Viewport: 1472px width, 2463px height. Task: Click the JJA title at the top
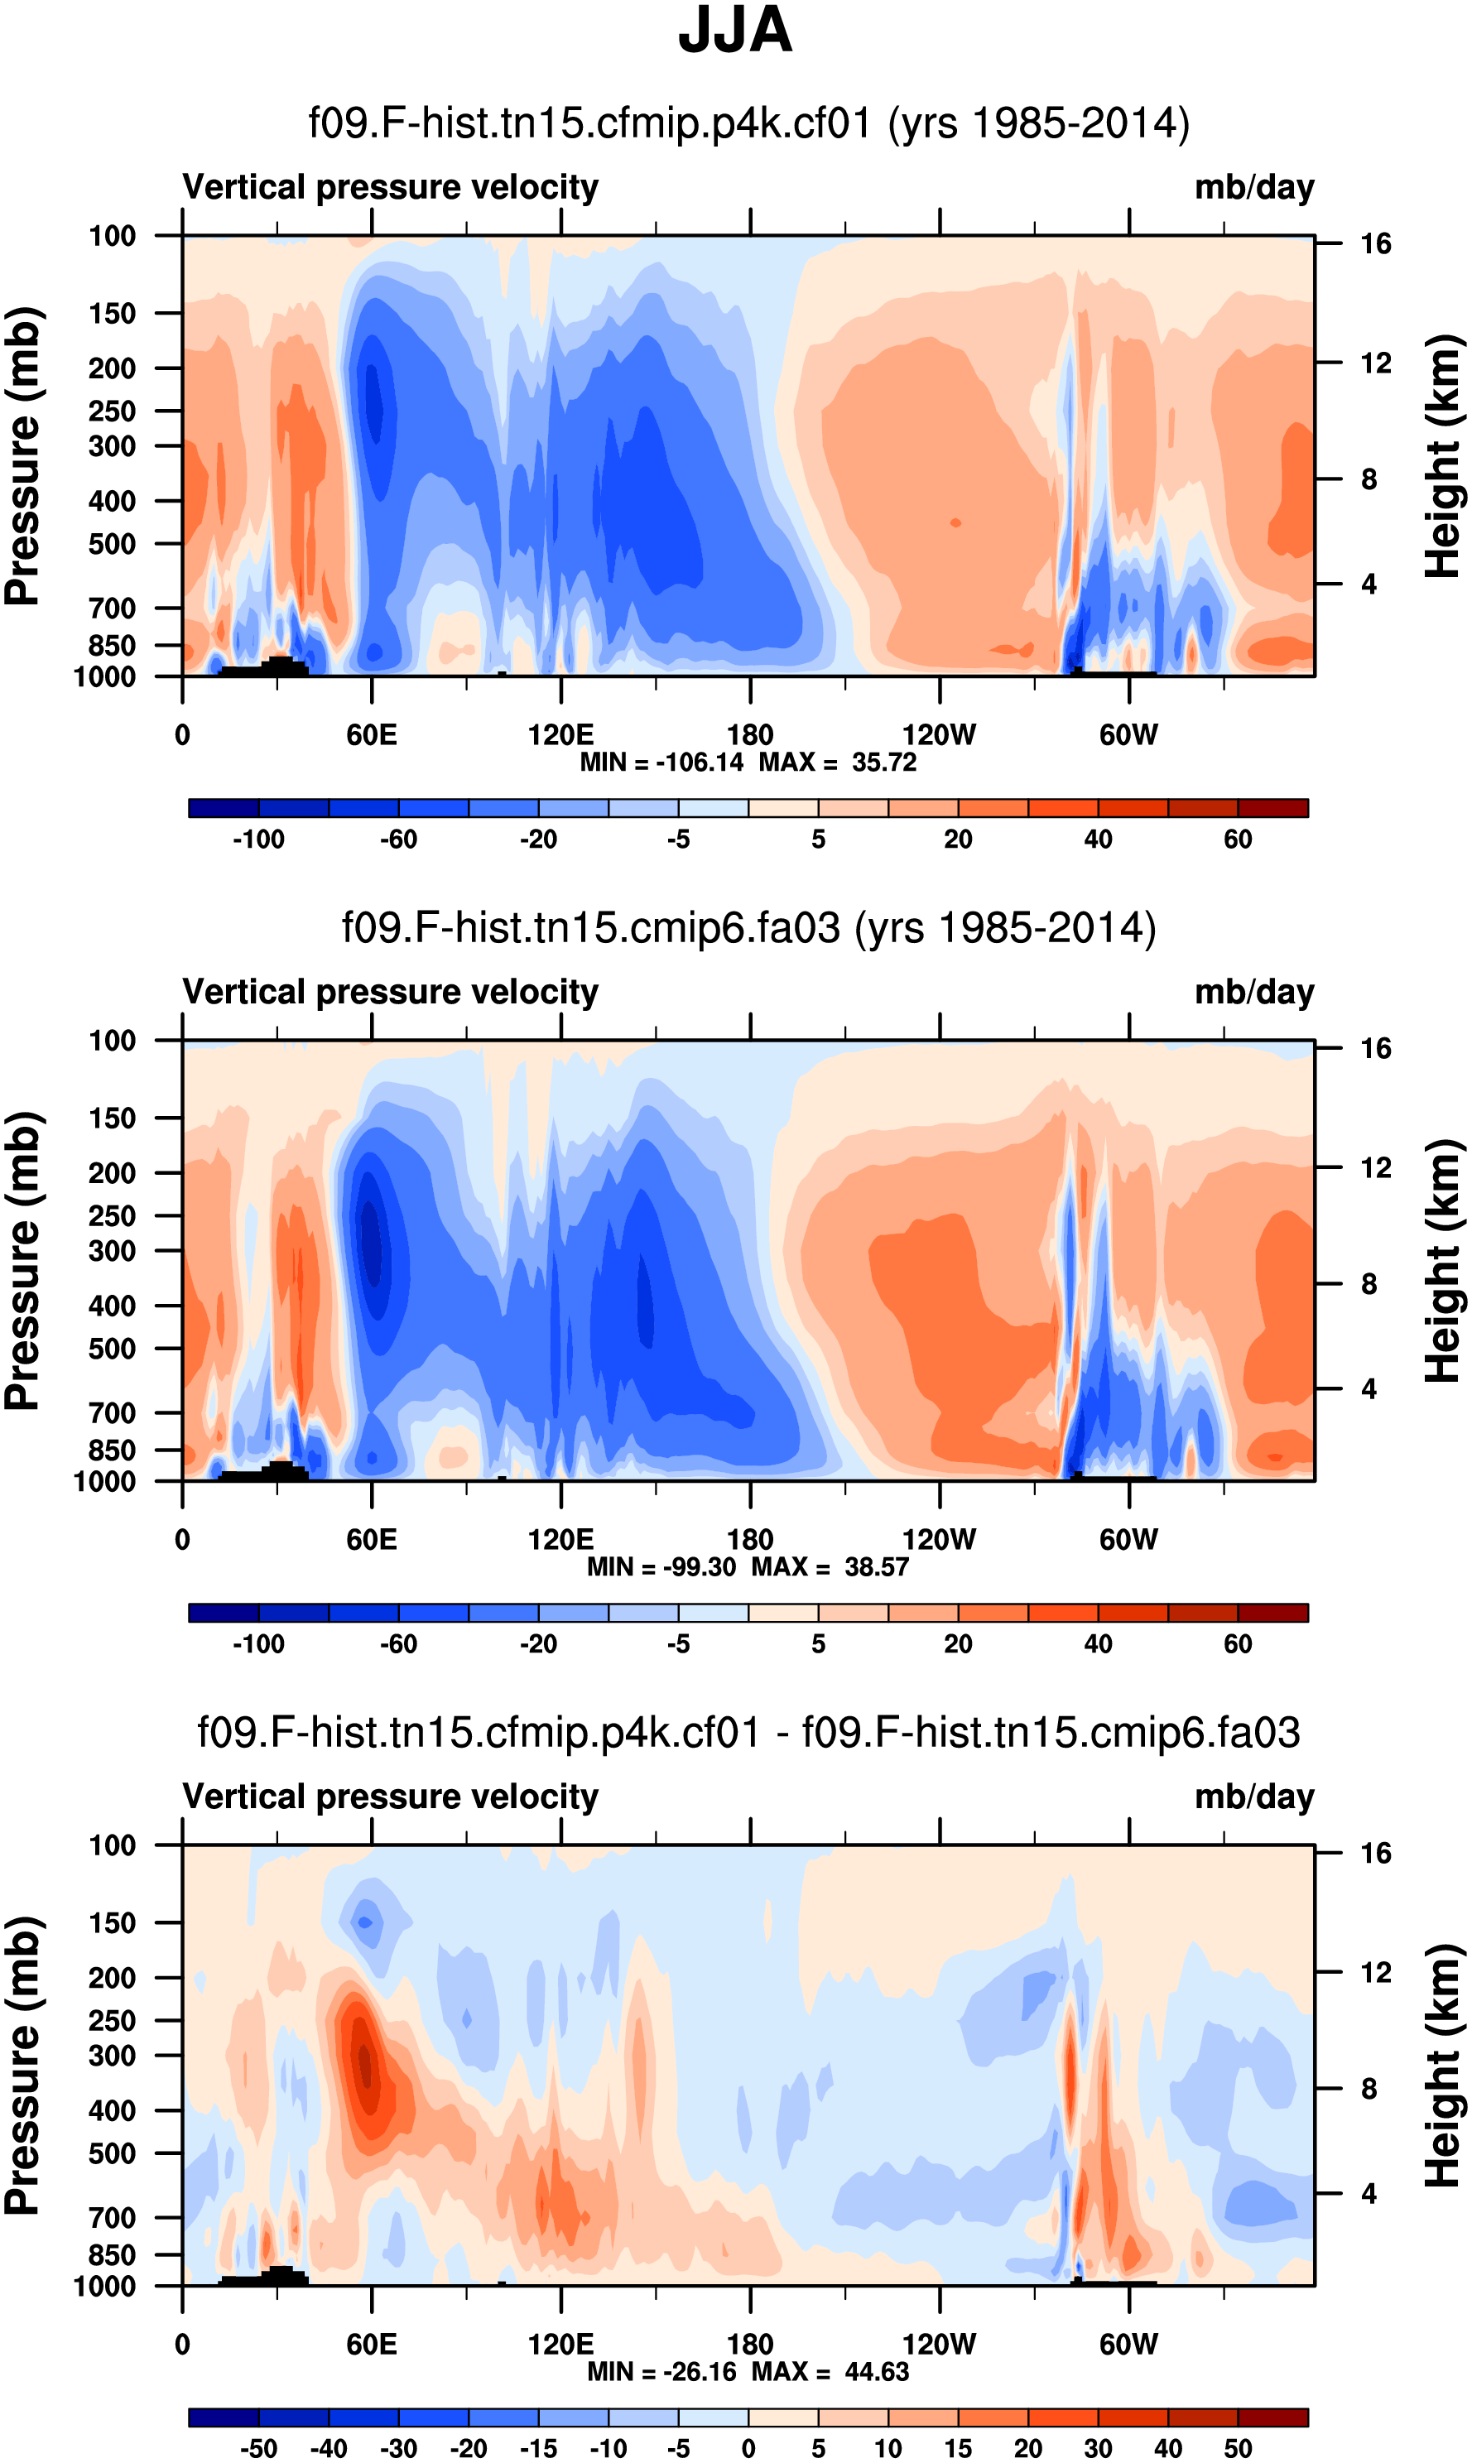735,31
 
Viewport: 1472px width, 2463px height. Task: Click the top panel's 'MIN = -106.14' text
661,762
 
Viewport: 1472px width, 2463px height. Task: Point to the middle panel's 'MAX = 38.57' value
830,1567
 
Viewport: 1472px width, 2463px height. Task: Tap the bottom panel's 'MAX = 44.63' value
830,2372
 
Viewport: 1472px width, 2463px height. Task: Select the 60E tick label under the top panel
372,735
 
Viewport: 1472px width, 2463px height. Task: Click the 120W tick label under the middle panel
938,1540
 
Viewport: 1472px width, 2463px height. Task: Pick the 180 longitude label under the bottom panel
750,2344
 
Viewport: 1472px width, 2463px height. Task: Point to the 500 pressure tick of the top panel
112,545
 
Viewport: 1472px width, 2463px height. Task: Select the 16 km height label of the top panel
1375,244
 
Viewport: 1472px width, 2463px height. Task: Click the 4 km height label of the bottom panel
1369,2193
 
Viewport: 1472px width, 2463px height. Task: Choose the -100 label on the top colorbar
258,840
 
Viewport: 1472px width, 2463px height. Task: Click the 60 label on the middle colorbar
1237,1645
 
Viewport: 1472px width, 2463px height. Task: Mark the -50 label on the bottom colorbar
258,2448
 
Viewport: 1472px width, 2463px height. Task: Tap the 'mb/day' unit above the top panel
1253,187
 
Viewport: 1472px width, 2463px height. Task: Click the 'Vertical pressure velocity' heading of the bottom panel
390,1797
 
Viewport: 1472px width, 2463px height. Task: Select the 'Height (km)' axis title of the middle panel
1443,1261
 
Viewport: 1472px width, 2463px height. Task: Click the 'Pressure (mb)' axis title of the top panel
22,456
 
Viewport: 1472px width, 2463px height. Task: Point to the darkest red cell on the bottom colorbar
1272,2417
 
